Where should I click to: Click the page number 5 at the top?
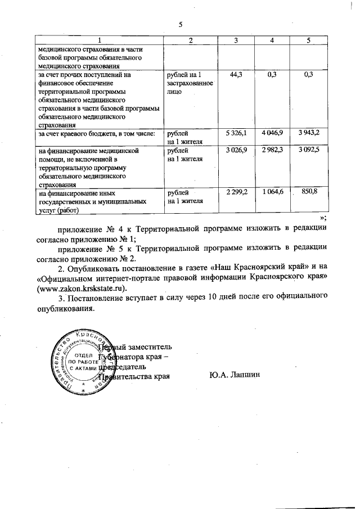(181, 24)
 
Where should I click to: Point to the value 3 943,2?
(309, 133)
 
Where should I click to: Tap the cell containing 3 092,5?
(309, 150)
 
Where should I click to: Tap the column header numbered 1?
(99, 40)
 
